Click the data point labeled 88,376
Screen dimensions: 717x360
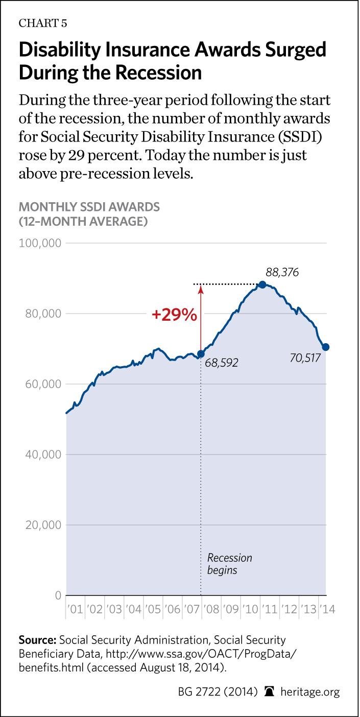(x=262, y=284)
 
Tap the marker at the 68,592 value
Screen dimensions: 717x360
(x=201, y=354)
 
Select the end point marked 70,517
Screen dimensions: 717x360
(x=325, y=347)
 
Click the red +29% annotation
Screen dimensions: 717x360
(x=174, y=315)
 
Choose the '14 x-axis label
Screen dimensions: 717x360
(x=326, y=609)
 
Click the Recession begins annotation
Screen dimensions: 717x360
(x=229, y=563)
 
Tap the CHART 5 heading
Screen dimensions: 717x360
(x=43, y=23)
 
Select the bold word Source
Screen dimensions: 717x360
(x=37, y=640)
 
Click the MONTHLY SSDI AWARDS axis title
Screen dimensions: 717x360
(x=89, y=207)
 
